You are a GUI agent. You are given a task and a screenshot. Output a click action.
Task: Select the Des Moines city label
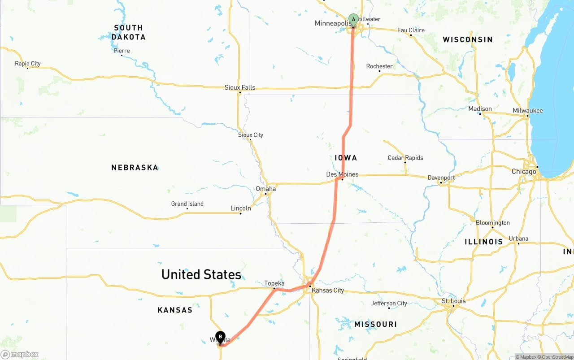342,174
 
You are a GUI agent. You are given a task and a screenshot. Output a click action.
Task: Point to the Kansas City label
328,291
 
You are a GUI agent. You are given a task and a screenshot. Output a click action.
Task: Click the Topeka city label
274,283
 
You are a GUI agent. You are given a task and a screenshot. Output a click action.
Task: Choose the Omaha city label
266,189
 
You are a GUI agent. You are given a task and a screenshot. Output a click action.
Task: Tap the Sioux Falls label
240,87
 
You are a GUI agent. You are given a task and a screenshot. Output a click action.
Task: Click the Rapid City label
28,64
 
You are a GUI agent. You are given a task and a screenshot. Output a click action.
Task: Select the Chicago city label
524,172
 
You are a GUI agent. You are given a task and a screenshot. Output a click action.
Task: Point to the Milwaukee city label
528,111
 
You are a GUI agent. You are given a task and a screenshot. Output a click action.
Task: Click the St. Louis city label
454,301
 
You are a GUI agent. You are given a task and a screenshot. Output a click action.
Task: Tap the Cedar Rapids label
405,158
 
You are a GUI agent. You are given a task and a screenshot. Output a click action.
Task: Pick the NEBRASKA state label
135,168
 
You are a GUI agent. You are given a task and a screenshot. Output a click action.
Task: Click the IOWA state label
346,158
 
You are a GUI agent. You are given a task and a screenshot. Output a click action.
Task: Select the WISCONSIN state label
468,40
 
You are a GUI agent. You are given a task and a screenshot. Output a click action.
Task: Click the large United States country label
201,274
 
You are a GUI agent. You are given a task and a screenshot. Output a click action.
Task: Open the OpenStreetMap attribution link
557,357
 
